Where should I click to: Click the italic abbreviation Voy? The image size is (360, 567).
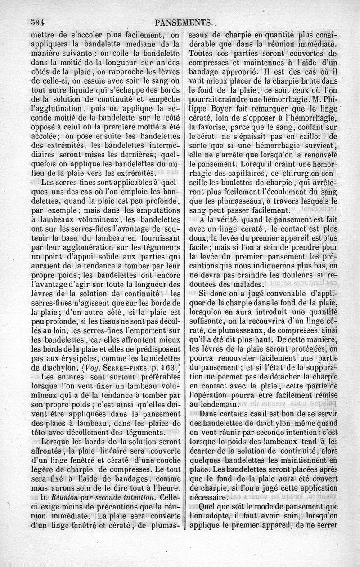[x=100, y=368]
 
